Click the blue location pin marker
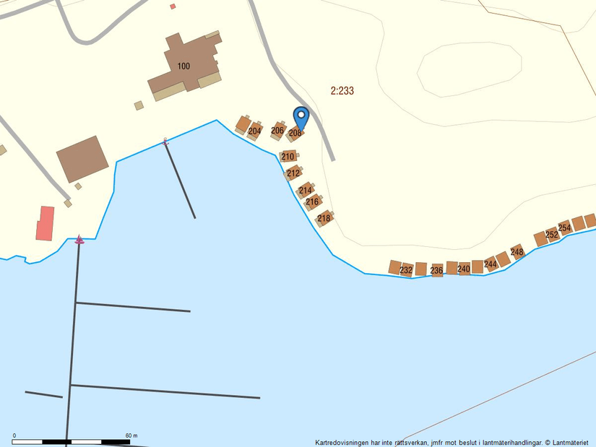point(301,117)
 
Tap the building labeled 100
point(184,66)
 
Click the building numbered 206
point(277,130)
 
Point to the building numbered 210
point(288,156)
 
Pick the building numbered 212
point(293,173)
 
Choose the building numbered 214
point(305,190)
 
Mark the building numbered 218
point(324,218)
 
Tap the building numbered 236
point(436,270)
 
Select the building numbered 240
point(464,269)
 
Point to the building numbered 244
point(491,264)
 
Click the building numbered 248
point(517,251)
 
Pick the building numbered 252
point(552,234)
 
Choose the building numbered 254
point(564,227)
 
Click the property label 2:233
point(342,91)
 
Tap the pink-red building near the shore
point(46,223)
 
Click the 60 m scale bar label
point(131,435)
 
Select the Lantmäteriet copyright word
point(571,442)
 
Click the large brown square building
point(82,159)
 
